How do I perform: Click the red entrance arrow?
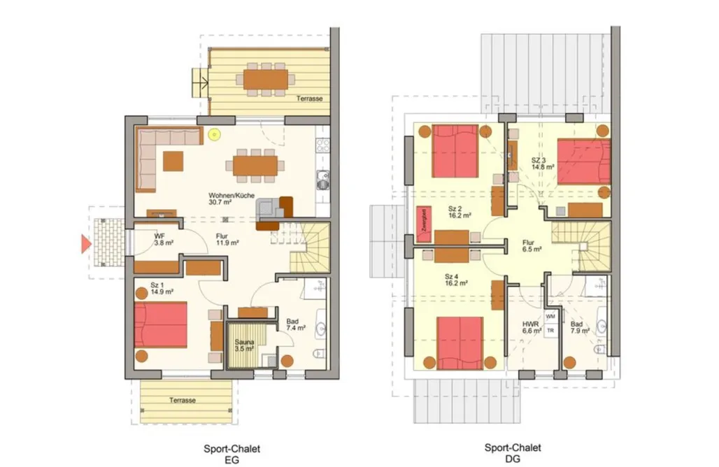pos(86,244)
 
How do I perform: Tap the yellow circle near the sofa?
pos(214,134)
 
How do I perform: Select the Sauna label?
pos(244,342)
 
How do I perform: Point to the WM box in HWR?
pos(550,317)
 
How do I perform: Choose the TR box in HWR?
pos(550,331)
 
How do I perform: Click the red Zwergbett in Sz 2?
pos(424,224)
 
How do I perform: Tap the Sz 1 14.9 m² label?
pos(162,288)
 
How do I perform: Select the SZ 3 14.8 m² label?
pos(543,164)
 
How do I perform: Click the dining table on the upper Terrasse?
pos(266,80)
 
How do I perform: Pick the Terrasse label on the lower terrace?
pos(183,400)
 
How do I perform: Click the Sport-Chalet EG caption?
pos(232,454)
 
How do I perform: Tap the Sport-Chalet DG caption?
pos(513,453)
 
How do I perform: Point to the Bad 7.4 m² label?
pos(296,324)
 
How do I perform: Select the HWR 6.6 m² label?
pos(532,326)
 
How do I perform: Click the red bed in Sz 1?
pos(160,324)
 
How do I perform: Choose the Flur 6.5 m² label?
pos(532,245)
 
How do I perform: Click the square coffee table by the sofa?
pos(173,161)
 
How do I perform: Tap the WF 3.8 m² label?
pos(164,239)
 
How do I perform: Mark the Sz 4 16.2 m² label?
pos(456,280)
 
